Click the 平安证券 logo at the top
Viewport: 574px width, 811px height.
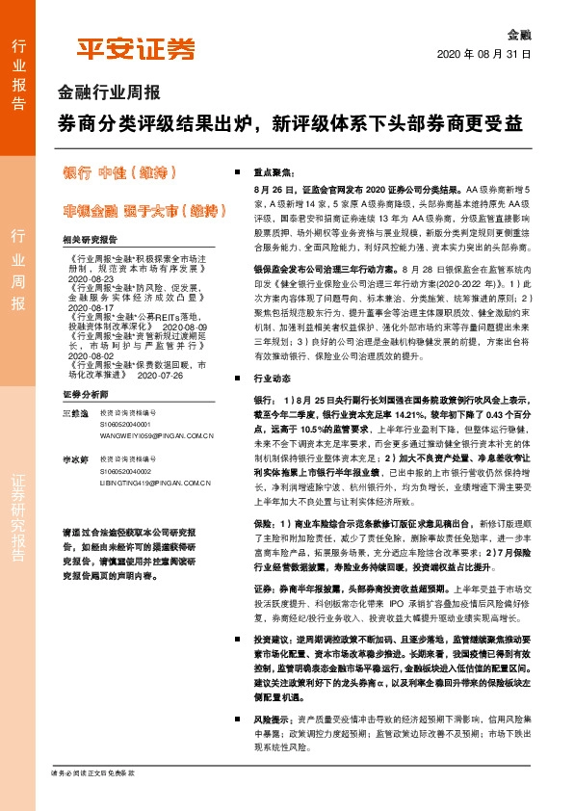[136, 48]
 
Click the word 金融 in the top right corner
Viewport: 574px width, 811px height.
[519, 33]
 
